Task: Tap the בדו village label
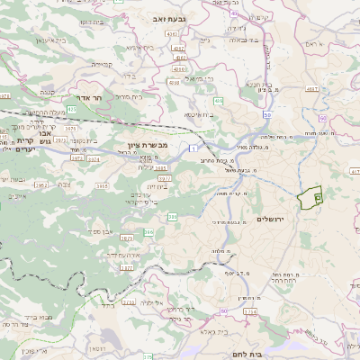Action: click(127, 76)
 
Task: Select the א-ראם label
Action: click(312, 43)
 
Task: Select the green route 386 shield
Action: click(148, 232)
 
